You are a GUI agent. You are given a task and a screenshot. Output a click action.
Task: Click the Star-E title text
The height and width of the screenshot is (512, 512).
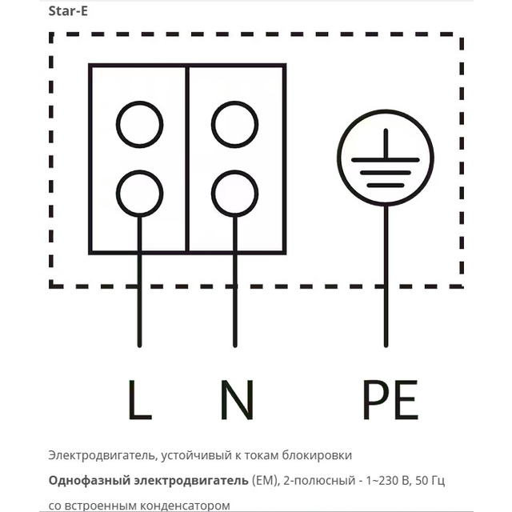click(68, 11)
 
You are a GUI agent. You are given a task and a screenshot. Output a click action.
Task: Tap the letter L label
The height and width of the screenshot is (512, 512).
click(140, 400)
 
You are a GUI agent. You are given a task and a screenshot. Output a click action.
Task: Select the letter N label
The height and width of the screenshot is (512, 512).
click(237, 400)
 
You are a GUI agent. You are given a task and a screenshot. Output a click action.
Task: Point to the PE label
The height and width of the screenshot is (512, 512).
click(390, 400)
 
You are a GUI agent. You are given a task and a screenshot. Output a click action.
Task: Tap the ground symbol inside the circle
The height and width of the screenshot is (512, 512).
click(386, 160)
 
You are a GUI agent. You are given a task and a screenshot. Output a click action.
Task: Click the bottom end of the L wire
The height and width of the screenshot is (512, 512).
click(140, 346)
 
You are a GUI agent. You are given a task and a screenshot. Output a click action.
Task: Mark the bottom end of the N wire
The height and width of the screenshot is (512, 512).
click(234, 346)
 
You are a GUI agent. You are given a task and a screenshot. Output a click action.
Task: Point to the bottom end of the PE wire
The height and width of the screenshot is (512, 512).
click(386, 346)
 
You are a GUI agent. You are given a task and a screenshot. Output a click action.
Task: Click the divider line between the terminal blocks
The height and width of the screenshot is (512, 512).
click(187, 159)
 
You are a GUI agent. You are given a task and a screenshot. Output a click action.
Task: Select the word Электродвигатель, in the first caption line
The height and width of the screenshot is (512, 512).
click(102, 455)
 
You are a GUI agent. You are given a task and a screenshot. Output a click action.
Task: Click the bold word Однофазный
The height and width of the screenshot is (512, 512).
click(90, 481)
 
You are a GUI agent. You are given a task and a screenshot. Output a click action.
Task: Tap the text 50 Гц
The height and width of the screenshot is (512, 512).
click(430, 481)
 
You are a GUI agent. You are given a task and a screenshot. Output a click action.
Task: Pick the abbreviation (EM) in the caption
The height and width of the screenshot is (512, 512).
click(266, 481)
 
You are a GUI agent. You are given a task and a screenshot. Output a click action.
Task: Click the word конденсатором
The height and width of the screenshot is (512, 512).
click(185, 506)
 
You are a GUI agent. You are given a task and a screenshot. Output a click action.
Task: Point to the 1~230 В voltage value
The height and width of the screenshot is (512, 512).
click(389, 481)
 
